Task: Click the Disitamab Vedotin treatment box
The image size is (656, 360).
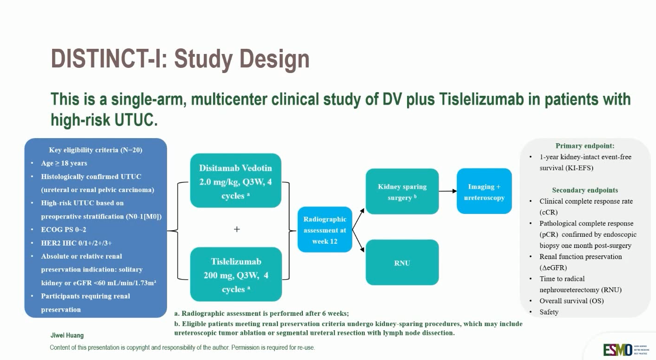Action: pos(235,180)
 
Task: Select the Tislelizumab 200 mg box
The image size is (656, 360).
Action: pos(236,274)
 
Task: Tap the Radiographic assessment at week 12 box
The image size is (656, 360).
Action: pos(325,230)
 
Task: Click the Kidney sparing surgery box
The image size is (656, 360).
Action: pos(402,192)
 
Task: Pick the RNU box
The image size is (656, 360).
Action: pos(402,263)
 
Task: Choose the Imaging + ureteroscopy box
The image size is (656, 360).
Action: pos(484,192)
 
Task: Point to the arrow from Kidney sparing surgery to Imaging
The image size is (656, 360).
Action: pos(448,191)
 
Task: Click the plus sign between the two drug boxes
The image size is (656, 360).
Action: pos(237,229)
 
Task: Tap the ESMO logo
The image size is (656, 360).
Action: pos(617,349)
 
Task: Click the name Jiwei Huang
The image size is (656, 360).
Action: pos(67,335)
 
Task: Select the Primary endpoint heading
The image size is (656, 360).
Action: pos(585,146)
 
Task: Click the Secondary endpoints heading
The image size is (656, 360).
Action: pos(585,190)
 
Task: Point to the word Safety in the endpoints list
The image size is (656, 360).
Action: pos(549,312)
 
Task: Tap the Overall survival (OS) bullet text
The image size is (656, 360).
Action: pos(571,301)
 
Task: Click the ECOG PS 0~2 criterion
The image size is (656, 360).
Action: pos(63,230)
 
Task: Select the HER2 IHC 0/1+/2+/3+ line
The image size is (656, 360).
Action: pos(76,243)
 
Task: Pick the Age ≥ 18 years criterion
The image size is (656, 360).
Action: pos(64,163)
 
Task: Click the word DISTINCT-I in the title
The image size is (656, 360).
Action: pos(105,59)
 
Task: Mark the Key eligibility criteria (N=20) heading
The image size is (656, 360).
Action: pos(95,150)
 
